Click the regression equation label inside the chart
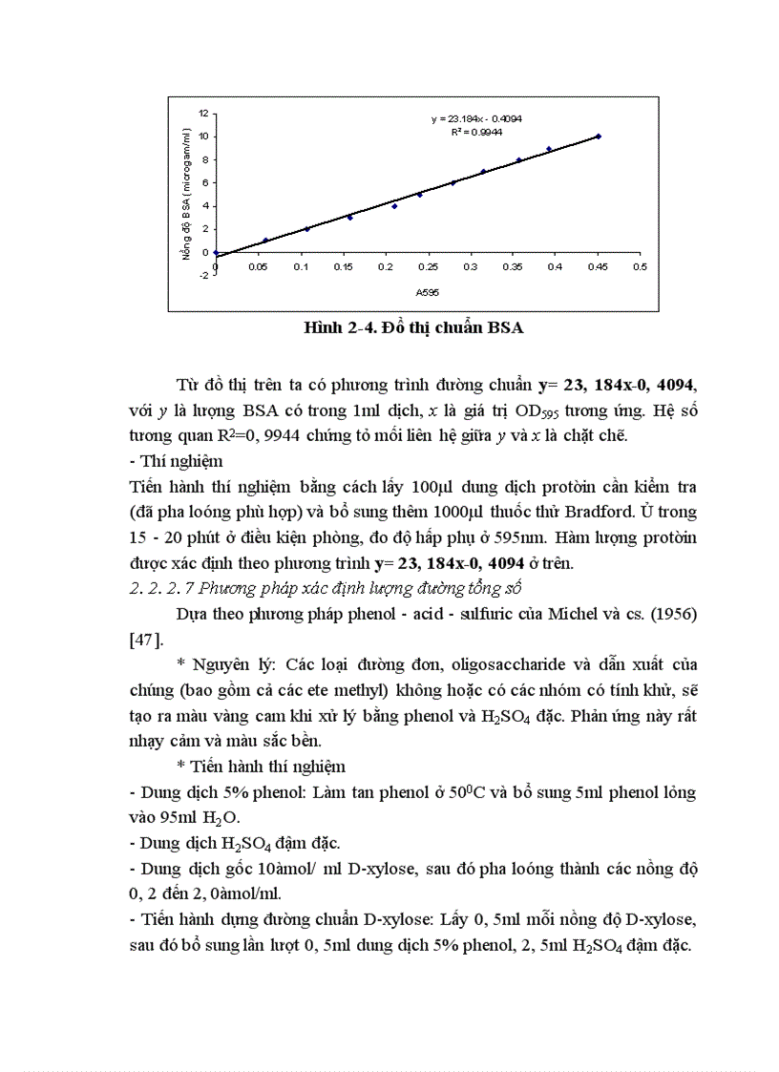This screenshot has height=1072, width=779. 475,119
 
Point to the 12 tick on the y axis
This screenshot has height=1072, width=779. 203,113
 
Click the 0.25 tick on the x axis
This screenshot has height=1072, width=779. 428,268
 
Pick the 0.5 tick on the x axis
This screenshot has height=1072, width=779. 640,268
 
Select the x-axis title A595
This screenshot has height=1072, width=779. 426,292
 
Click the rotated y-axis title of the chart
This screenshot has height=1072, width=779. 187,196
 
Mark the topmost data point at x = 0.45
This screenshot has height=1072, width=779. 598,137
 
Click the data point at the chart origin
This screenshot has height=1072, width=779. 216,253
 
